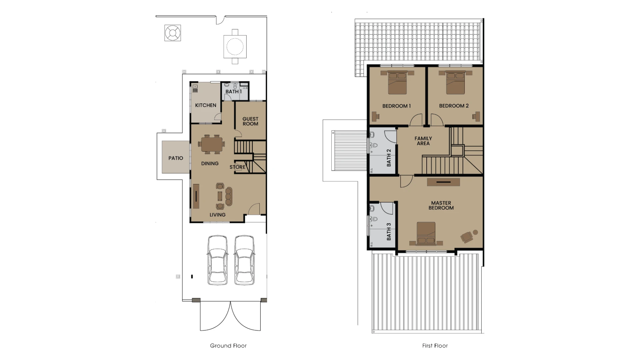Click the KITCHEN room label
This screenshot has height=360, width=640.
pos(206,105)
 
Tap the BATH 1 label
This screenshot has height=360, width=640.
pos(234,92)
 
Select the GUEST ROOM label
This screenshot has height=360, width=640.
pos(250,121)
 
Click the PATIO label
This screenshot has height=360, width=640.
pos(176,158)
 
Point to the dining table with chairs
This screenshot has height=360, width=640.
pos(211,144)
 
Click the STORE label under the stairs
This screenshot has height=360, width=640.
pos(237,167)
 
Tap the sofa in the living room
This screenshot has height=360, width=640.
pos(229,196)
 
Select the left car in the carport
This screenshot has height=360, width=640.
pos(218,260)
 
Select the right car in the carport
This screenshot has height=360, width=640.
pos(244,260)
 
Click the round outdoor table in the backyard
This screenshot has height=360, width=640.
pos(235,46)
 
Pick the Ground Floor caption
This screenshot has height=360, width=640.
pos(228,346)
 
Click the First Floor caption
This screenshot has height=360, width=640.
pos(435,346)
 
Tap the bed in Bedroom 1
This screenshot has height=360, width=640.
pos(397,82)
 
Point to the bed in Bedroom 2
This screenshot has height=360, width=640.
pos(455,82)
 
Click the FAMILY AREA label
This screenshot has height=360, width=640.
pos(423,141)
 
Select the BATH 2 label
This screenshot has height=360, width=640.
pos(389,158)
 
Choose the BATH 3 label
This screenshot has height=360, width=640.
pos(389,232)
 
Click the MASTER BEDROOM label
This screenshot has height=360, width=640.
pos(441,205)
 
